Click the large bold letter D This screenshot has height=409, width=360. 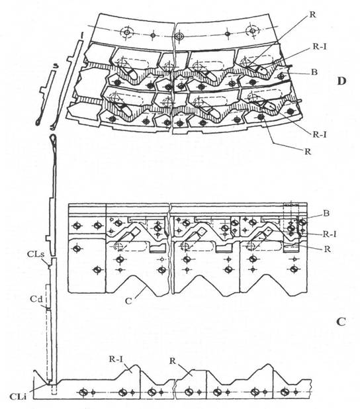click(341, 81)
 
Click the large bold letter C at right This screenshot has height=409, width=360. click(341, 322)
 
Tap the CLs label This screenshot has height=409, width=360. click(36, 254)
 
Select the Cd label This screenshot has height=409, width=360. click(36, 299)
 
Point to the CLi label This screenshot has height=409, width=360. click(18, 396)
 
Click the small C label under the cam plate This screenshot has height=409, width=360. click(128, 300)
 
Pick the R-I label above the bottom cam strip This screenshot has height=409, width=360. click(116, 359)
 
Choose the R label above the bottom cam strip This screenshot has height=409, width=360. click(173, 361)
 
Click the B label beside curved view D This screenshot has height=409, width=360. click(314, 71)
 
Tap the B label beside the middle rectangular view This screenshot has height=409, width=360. click(326, 213)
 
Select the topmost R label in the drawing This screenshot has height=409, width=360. click(312, 15)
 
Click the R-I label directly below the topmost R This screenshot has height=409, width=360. click(320, 47)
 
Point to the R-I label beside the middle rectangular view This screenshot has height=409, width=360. click(330, 234)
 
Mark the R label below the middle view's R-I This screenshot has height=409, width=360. click(328, 249)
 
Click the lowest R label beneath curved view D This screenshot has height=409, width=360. click(308, 152)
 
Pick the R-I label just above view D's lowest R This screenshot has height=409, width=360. click(320, 134)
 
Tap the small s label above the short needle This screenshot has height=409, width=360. click(54, 67)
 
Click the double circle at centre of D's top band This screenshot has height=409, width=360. click(179, 36)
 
